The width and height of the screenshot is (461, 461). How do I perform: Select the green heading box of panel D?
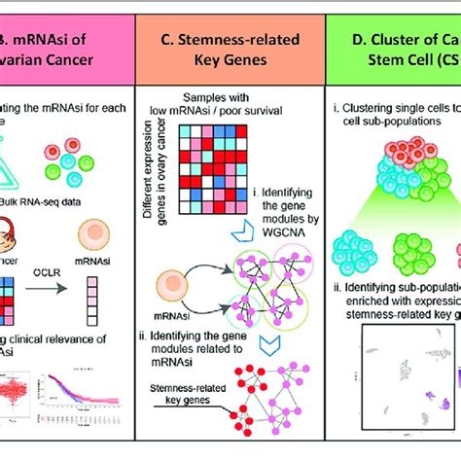pyautogui.click(x=408, y=52)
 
